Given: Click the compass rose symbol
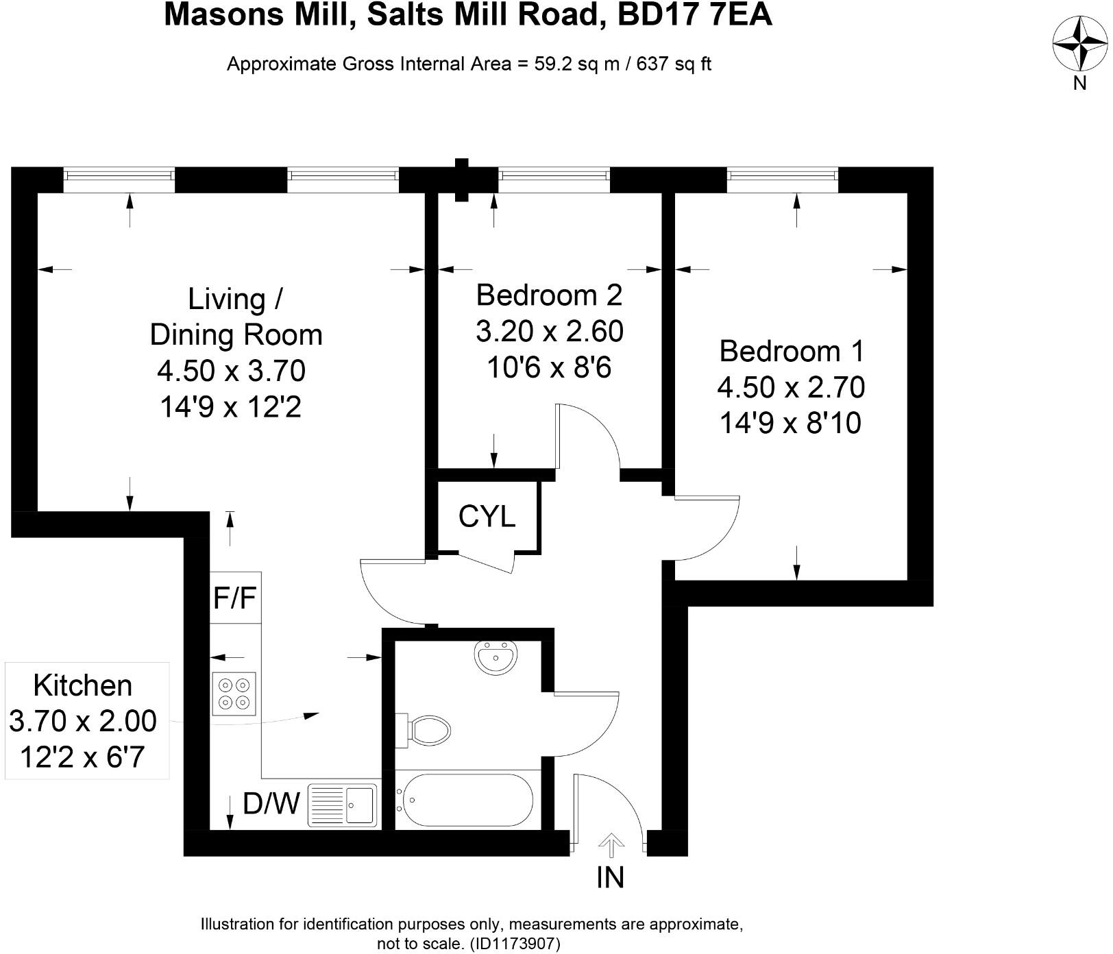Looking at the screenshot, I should pos(1079,43).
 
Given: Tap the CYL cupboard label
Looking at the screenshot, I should pos(487,516).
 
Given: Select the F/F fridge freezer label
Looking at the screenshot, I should pos(234,598).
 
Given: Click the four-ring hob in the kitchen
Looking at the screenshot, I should pos(234,694).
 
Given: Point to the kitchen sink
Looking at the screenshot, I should pos(343,805).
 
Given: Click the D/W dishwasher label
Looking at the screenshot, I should pos(271,803).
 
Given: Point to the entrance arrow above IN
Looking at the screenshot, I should pos(610,845).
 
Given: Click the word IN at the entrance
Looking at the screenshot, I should pos(610,877).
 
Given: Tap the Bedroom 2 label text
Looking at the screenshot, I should pos(549,295).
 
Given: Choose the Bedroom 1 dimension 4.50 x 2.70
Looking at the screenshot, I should pos(791,387).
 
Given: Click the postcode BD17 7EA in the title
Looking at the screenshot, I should pos(694,15).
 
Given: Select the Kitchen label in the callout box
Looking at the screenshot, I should pos(82,685).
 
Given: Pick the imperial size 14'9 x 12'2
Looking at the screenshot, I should pos(231,407).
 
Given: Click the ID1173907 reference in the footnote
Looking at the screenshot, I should pos(515,944).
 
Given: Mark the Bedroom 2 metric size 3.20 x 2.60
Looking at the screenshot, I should pos(549,332).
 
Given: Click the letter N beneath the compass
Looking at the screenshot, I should pos(1079,83).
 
